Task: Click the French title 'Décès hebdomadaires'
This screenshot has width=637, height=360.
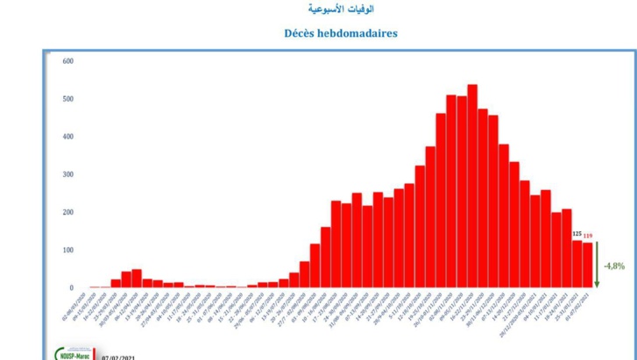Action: coord(340,32)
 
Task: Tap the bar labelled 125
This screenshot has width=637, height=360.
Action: coord(577,264)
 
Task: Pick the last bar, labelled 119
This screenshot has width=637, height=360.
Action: coord(588,265)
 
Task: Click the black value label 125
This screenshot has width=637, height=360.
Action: coord(577,234)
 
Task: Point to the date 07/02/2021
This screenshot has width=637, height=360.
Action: coord(120,356)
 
